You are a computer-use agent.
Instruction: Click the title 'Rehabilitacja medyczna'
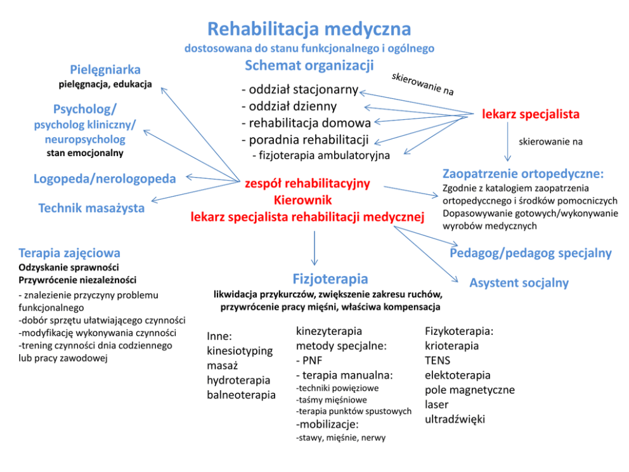309,29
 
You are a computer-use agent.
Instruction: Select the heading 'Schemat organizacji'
309,65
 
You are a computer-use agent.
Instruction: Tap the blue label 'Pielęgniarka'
105,70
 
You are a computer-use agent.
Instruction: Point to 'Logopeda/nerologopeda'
105,179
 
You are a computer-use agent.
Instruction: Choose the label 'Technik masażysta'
91,208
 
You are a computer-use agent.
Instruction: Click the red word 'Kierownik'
307,200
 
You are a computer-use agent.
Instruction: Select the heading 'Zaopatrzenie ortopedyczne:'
523,173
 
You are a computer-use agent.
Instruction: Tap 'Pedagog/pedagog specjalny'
531,253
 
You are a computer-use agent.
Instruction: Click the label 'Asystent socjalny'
519,283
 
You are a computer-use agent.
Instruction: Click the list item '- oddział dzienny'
289,106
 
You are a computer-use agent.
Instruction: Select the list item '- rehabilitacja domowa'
306,122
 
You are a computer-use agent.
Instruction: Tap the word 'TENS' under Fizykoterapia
438,360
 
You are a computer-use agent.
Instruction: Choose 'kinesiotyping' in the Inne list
240,350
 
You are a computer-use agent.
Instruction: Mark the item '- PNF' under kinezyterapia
309,360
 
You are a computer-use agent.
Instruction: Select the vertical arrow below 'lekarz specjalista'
507,142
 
